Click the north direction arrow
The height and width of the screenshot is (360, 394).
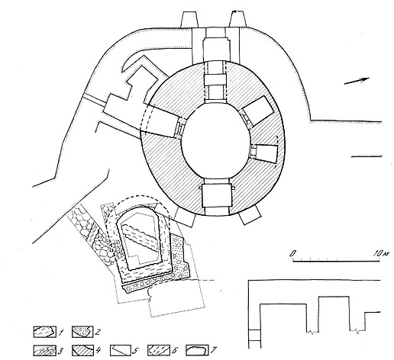pos(357,81)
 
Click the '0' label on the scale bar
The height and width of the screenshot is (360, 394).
pos(293,253)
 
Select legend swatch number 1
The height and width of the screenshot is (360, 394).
pos(45,332)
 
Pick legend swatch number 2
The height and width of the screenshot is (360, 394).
pos(83,332)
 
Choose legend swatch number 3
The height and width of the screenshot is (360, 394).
pos(45,351)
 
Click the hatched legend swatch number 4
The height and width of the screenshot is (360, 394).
pos(83,351)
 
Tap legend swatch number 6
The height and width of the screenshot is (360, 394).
pos(159,351)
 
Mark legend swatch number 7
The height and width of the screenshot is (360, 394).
pos(197,351)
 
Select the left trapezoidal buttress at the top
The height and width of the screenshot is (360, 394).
pos(189,20)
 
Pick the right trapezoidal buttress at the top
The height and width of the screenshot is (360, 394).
pos(237,19)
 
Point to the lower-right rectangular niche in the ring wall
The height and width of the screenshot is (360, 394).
pos(266,154)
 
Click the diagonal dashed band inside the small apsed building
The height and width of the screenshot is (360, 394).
pos(139,238)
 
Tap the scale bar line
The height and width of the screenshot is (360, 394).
pos(337,261)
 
